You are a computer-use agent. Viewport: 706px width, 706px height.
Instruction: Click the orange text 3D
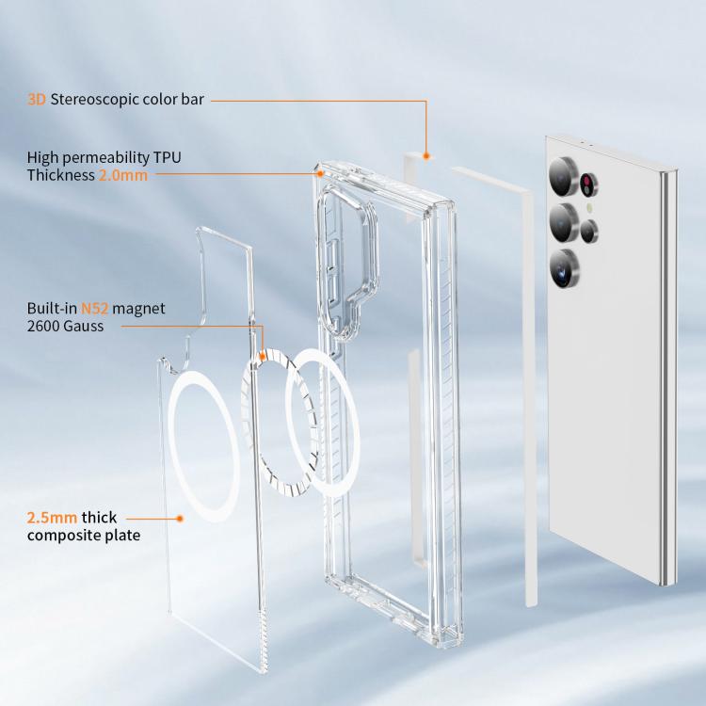(37, 99)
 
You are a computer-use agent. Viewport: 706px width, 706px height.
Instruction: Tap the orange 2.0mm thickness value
(123, 175)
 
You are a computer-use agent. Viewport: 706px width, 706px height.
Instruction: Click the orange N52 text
(94, 309)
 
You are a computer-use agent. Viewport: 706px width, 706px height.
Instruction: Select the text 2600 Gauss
(65, 326)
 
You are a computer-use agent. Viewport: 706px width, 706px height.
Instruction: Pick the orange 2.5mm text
(52, 518)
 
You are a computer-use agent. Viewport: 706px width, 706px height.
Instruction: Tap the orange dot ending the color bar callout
(425, 156)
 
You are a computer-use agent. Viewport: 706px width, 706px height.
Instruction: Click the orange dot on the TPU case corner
(320, 173)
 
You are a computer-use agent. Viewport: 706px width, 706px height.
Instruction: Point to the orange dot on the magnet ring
(263, 357)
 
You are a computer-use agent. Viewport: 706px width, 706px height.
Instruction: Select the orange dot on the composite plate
(180, 519)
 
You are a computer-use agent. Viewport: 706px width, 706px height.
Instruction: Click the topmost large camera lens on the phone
(563, 177)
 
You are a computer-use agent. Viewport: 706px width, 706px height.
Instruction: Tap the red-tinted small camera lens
(588, 185)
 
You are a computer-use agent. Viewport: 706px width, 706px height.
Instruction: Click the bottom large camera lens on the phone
(564, 268)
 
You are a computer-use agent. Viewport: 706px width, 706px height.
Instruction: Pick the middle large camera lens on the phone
(564, 222)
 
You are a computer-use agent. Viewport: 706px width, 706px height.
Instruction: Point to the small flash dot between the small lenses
(589, 208)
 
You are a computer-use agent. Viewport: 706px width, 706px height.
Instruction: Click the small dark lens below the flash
(589, 232)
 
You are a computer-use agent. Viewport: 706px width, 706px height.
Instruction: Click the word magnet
(138, 309)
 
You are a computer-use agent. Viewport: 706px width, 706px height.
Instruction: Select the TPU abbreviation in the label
(167, 157)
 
